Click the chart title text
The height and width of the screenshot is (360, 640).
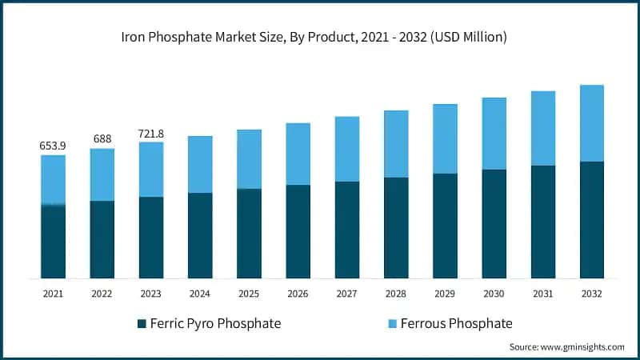319,37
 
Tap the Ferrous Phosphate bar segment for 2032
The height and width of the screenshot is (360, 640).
591,123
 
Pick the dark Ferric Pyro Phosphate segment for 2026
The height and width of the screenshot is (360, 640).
298,231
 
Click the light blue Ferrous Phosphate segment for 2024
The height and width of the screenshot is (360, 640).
200,164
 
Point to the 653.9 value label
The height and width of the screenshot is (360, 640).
53,146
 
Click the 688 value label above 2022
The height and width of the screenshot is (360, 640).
102,139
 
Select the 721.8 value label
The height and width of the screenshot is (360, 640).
151,133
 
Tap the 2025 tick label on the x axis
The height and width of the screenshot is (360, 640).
249,294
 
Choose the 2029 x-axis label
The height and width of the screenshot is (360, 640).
445,294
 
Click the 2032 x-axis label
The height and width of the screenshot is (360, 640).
591,294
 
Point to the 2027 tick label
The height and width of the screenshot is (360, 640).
346,294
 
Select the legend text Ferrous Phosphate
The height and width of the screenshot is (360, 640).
456,324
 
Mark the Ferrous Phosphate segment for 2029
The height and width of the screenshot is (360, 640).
445,138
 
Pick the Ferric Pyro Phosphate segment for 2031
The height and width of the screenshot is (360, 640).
542,222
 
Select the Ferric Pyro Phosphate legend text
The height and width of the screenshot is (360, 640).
215,324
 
